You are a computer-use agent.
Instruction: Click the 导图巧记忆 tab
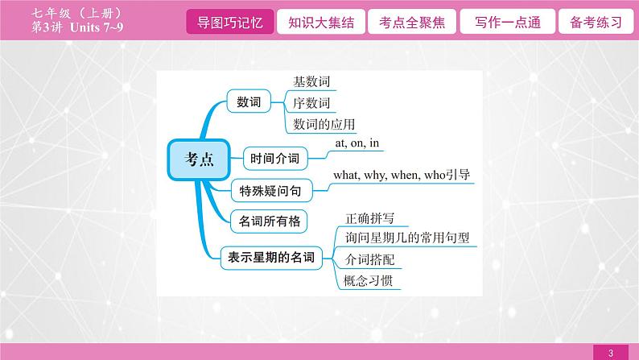coord(229,22)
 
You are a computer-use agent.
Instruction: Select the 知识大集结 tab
coord(315,22)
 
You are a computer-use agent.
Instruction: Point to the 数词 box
coord(244,102)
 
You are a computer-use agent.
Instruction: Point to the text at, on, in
coord(357,143)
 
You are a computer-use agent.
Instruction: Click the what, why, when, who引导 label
coord(401,175)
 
